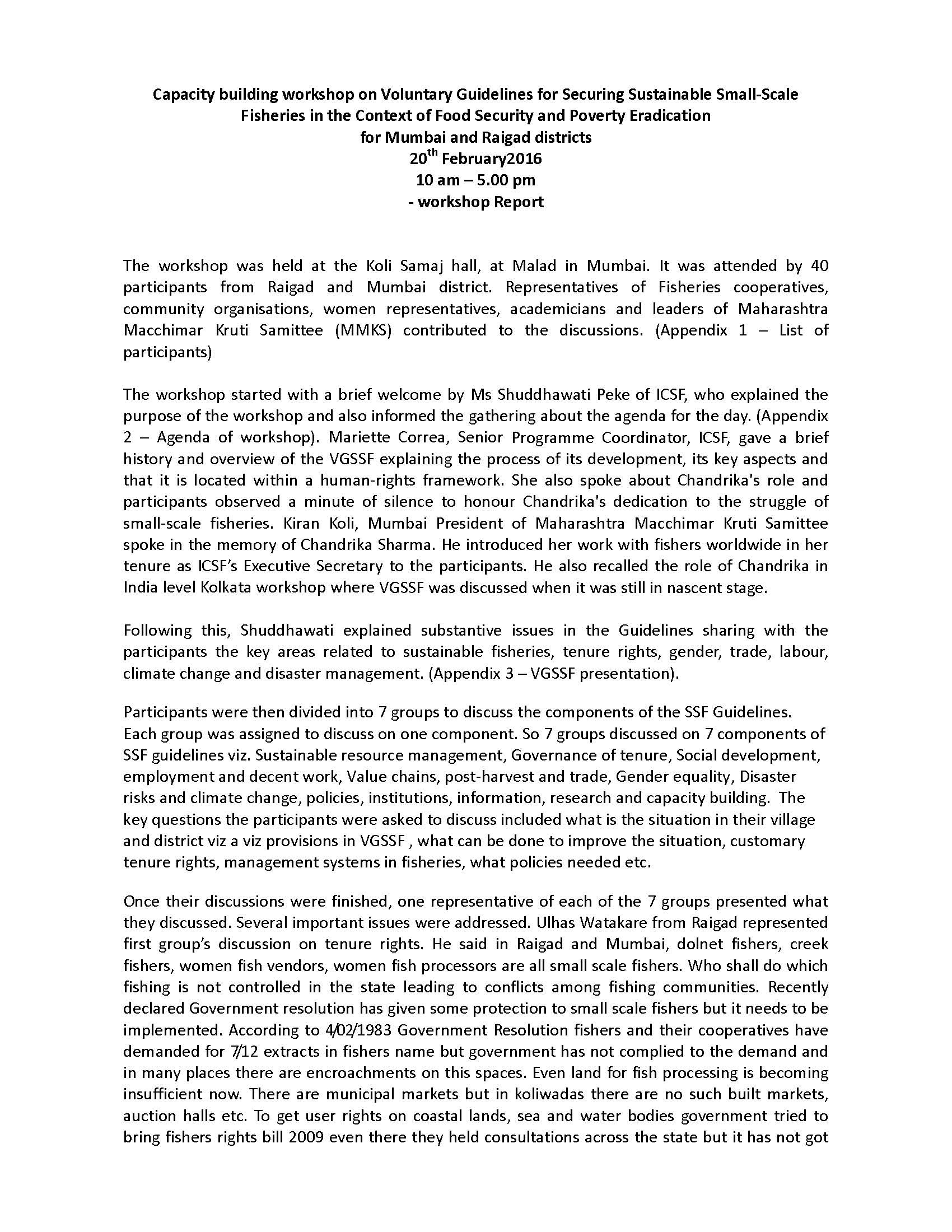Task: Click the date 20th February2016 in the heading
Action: pos(475,159)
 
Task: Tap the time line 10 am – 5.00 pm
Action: pos(475,180)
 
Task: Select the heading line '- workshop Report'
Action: pos(475,202)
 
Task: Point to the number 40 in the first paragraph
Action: pos(818,265)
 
